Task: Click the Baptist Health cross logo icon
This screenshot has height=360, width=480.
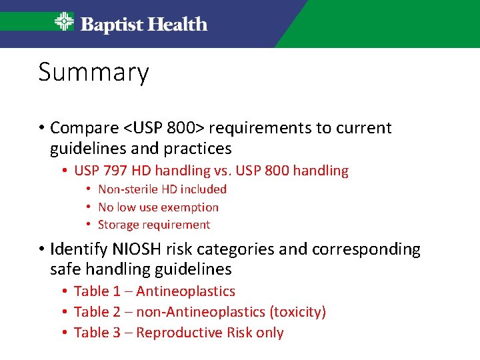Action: click(x=64, y=23)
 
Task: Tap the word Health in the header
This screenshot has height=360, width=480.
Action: click(x=177, y=25)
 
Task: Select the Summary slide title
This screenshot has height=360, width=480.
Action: click(x=93, y=72)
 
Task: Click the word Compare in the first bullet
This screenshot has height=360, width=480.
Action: click(x=85, y=128)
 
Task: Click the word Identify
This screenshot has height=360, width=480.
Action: click(x=76, y=249)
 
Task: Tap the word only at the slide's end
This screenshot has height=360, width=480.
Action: click(x=270, y=333)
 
